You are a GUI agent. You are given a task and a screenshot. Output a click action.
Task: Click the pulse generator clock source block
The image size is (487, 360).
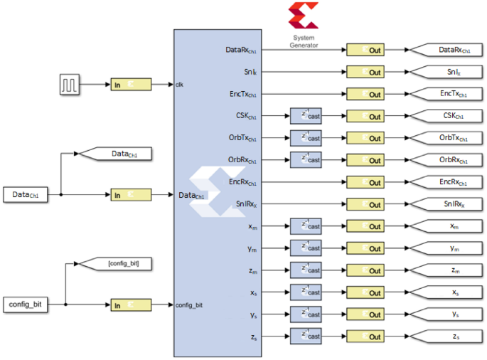point(69,85)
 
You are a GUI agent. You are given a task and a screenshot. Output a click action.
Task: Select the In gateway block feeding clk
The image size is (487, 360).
point(131,85)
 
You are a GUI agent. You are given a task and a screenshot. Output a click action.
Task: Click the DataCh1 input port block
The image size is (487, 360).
point(26,194)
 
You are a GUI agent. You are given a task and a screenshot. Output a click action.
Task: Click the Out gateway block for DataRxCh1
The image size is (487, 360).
point(364,50)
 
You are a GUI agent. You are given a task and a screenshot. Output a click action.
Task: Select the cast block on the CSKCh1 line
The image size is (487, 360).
point(306,116)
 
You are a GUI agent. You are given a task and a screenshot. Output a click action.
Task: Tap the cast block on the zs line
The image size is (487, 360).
point(306,337)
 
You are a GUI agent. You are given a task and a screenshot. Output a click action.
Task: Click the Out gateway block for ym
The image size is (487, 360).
point(364,248)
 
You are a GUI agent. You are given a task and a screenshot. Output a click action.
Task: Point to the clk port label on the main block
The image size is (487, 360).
point(180,85)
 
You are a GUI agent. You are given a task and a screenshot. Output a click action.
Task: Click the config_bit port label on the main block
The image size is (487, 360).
point(189,305)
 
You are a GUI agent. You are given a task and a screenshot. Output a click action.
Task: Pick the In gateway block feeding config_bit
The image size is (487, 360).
point(131,305)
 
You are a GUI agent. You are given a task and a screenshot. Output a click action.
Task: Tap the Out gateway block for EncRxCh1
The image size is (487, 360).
point(364,182)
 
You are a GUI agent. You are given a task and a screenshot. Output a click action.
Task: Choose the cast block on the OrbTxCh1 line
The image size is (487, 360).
point(306,138)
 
